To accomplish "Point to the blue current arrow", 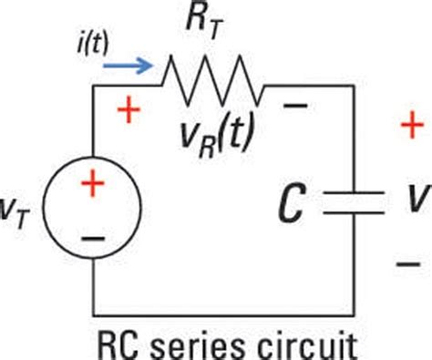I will [x=128, y=66].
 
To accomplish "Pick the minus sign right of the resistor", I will [x=294, y=107].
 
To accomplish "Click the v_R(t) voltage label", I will [x=218, y=136].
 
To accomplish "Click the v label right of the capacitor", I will [x=413, y=201].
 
